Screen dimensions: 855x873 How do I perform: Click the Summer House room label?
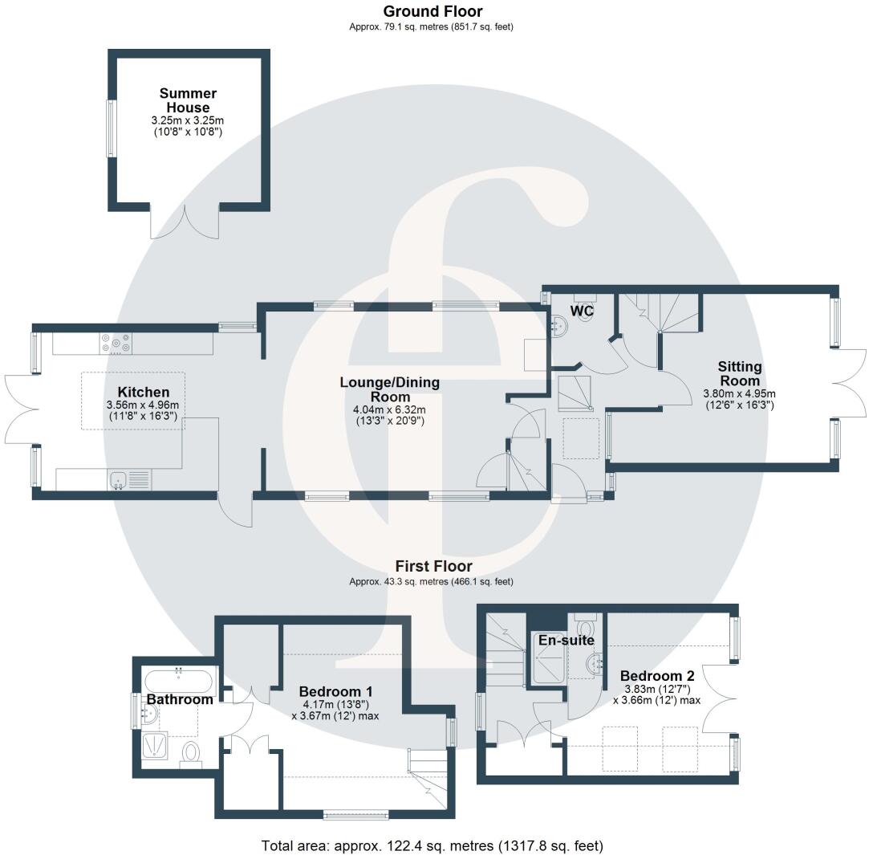click(188, 100)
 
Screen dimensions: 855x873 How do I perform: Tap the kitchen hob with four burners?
click(116, 343)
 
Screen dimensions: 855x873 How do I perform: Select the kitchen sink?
click(119, 480)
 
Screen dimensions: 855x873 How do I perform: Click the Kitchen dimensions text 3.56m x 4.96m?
click(143, 405)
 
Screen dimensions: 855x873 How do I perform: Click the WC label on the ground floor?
click(582, 310)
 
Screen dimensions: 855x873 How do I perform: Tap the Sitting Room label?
click(739, 373)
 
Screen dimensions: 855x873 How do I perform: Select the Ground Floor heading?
click(432, 11)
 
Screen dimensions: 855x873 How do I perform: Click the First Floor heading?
click(432, 566)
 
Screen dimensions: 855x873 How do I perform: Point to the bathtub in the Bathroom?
click(178, 682)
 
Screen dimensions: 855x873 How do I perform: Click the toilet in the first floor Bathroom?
click(191, 753)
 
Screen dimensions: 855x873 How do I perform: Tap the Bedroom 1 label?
click(335, 691)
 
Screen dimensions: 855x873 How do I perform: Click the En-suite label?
click(566, 640)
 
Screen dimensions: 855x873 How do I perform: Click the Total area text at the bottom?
click(432, 845)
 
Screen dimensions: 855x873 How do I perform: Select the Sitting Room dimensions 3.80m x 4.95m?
click(739, 393)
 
